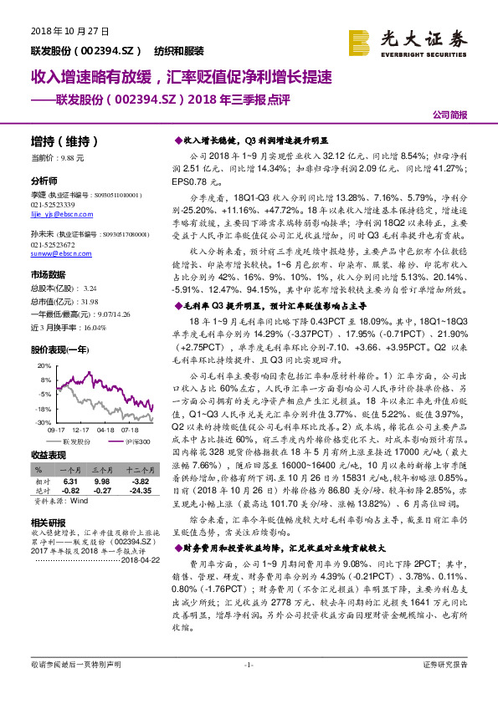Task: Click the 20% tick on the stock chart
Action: tap(44, 366)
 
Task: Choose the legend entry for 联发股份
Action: tap(72, 440)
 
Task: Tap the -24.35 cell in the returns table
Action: tap(139, 490)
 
